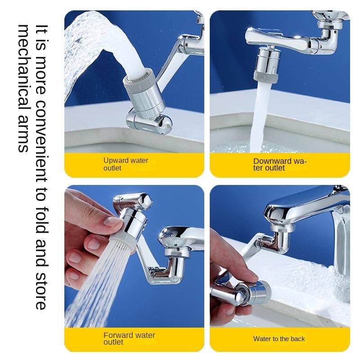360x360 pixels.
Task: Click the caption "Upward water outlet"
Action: click(126, 164)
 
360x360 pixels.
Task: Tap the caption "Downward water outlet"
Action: click(279, 164)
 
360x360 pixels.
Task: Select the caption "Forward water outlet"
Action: click(129, 338)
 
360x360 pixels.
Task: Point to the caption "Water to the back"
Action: click(279, 339)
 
